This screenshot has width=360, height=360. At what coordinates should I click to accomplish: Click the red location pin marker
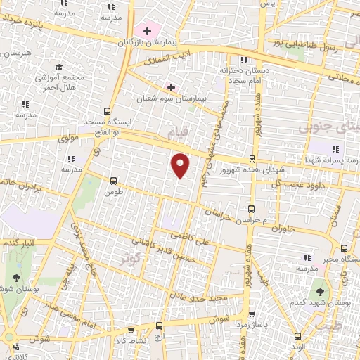tap(181, 165)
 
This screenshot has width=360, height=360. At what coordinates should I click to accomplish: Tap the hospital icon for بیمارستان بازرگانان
tap(147, 31)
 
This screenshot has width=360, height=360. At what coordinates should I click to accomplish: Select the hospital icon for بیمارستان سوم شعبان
tap(170, 87)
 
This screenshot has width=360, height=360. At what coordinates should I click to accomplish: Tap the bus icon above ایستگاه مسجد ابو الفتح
tap(107, 111)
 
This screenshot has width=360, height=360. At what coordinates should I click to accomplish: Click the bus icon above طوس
tap(113, 179)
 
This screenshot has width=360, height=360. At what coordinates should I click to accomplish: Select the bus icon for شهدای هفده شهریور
tap(252, 158)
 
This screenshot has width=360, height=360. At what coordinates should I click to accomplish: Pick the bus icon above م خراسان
tap(252, 208)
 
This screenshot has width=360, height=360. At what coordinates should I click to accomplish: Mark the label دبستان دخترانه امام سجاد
tap(242, 76)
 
